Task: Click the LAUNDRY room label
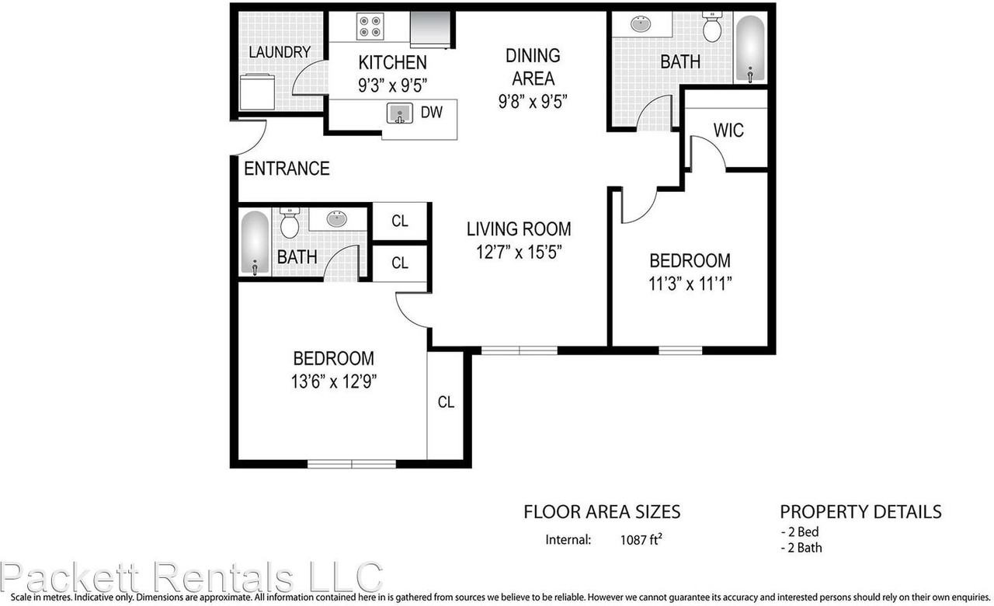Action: pyautogui.click(x=280, y=52)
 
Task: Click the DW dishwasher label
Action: pyautogui.click(x=432, y=112)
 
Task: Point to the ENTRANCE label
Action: pyautogui.click(x=287, y=169)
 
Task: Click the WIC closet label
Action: pyautogui.click(x=728, y=130)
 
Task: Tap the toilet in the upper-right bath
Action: pyautogui.click(x=712, y=28)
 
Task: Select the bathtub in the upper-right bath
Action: pyautogui.click(x=750, y=48)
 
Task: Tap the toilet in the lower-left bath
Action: pyautogui.click(x=290, y=224)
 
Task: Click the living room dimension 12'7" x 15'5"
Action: pyautogui.click(x=519, y=252)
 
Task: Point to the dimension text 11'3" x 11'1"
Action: pyautogui.click(x=690, y=284)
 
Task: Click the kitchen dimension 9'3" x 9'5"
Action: pyautogui.click(x=393, y=85)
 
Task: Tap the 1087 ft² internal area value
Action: pyautogui.click(x=641, y=539)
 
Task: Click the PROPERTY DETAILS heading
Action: pyautogui.click(x=860, y=512)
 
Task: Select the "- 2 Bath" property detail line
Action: pyautogui.click(x=801, y=548)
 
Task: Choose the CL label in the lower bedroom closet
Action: pyautogui.click(x=446, y=402)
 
